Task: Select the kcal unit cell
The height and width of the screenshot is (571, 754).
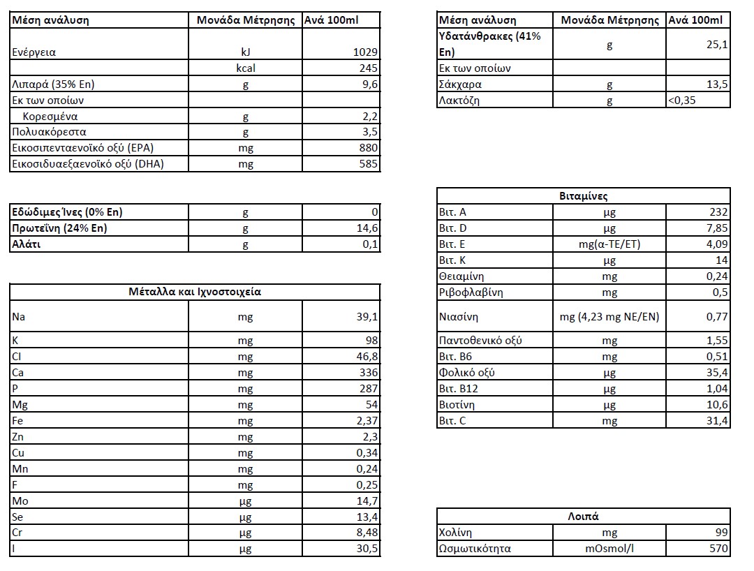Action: point(245,68)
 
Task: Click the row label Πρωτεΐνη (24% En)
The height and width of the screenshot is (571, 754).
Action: point(59,228)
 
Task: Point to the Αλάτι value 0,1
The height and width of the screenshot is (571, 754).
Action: point(371,244)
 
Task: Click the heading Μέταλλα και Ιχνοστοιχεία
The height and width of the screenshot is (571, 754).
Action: point(195,292)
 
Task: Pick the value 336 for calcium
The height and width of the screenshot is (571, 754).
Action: point(368,373)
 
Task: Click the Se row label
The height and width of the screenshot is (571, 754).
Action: point(18,517)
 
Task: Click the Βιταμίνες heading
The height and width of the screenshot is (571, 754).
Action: point(583,196)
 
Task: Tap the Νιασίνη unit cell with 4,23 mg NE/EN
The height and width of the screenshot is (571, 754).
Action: point(609,317)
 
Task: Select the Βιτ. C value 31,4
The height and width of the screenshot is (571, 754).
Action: point(717,421)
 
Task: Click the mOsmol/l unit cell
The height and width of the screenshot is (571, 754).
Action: point(609,549)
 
